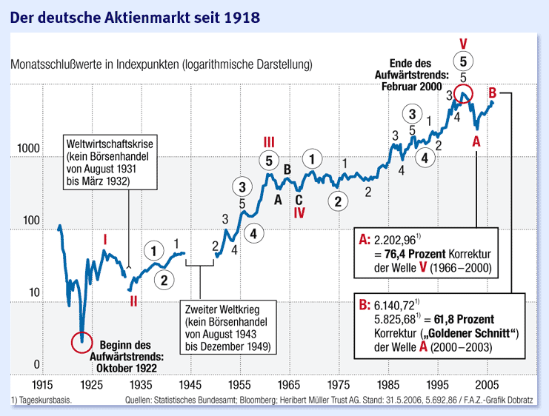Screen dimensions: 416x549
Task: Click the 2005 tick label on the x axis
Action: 487,386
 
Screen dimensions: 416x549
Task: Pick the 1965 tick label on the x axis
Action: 289,386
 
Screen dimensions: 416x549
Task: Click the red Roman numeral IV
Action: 299,212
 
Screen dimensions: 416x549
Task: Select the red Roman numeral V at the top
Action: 463,42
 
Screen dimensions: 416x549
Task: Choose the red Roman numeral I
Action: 105,240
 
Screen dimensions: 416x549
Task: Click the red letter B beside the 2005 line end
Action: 492,93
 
